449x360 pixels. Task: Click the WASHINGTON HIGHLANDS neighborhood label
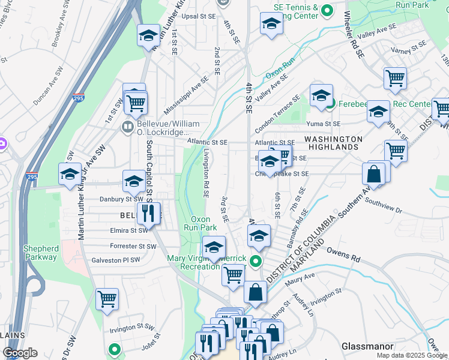click(x=334, y=143)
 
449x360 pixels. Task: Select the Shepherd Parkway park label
click(x=41, y=253)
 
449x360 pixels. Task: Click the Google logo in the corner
click(x=20, y=353)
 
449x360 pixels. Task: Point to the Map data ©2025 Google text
click(x=411, y=355)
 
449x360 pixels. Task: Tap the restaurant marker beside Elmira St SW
click(x=148, y=213)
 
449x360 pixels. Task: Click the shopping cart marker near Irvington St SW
click(x=107, y=298)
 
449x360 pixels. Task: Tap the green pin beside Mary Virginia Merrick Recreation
click(x=256, y=261)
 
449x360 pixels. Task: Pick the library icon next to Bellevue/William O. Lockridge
click(x=127, y=126)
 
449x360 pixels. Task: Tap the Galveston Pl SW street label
click(x=115, y=260)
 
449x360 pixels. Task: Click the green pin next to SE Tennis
click(x=327, y=10)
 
